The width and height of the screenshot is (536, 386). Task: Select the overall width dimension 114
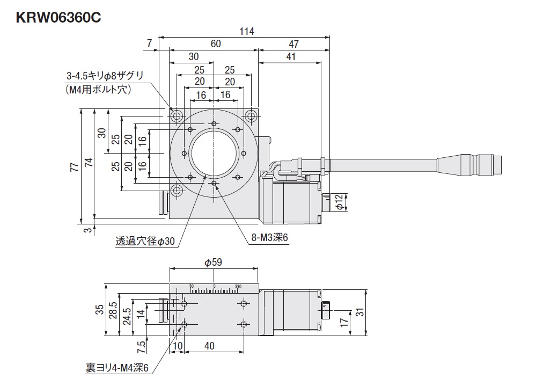point(246,32)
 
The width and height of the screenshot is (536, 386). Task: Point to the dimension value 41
point(290,56)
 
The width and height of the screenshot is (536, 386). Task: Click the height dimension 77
point(75,166)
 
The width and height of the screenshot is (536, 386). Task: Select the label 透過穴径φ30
point(145,242)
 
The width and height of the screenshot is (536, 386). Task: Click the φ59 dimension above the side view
point(213,263)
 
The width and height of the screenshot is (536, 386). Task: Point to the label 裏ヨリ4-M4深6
point(116,368)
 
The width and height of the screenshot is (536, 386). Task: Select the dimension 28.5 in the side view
point(113,309)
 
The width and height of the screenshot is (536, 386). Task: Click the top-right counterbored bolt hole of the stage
point(251,115)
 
